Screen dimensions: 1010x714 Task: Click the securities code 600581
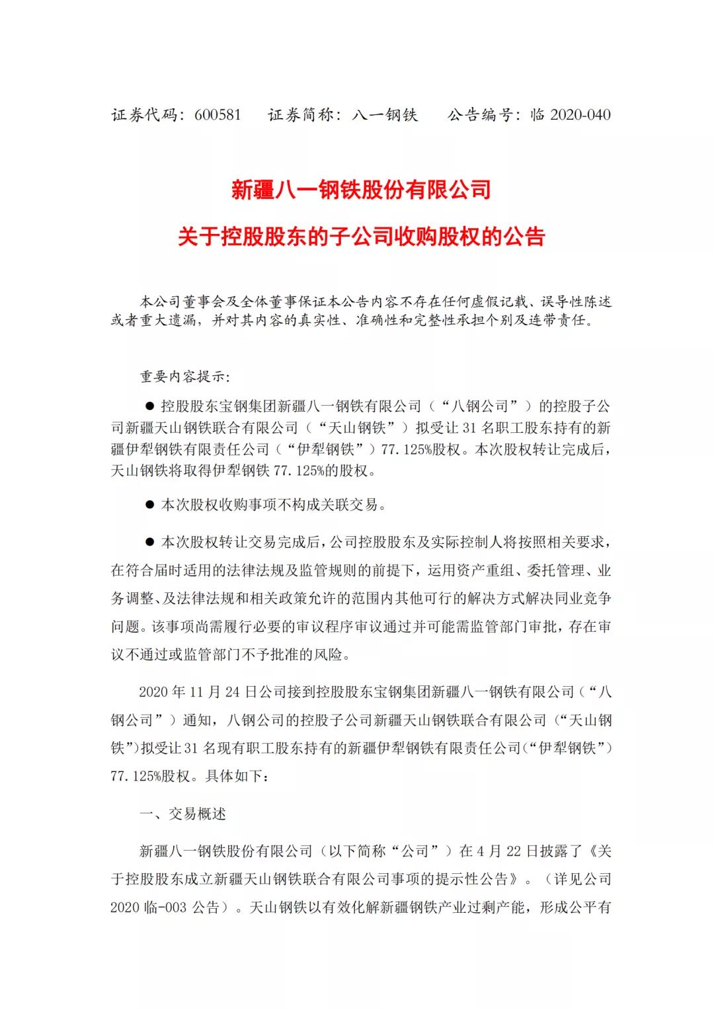coord(218,114)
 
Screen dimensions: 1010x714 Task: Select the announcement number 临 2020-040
coord(571,114)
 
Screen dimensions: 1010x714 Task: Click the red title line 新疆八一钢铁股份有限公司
coord(361,190)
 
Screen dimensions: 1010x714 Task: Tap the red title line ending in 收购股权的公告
coord(361,236)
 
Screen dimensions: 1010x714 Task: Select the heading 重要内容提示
coord(183,377)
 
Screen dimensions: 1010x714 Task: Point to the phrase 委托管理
coord(558,570)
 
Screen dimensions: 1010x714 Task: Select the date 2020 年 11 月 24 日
coord(198,691)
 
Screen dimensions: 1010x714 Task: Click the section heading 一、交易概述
coord(183,814)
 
